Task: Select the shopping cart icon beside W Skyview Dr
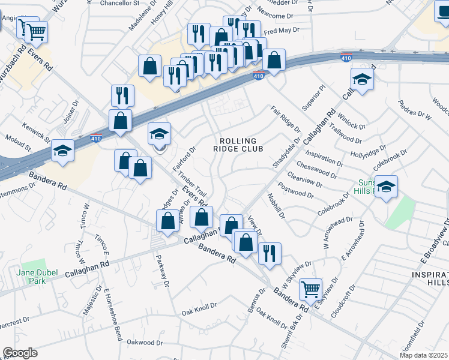click(x=310, y=290)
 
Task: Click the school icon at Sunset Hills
click(x=387, y=186)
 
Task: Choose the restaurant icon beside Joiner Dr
click(x=122, y=95)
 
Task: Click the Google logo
click(x=20, y=353)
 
